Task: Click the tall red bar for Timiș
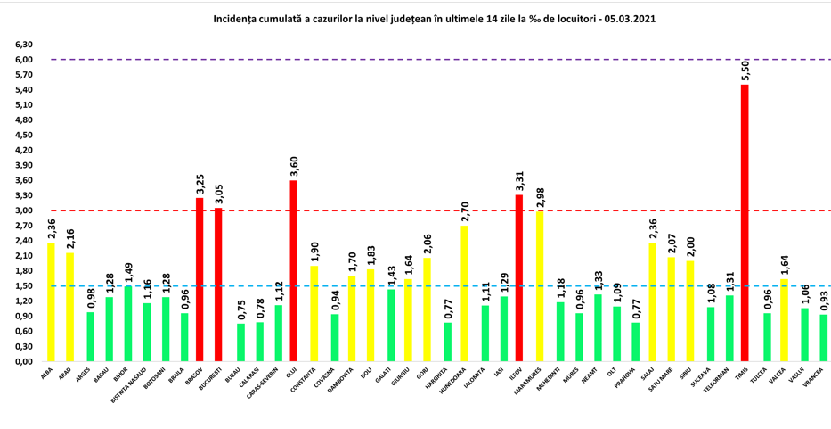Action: coord(745,223)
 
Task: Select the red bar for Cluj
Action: coord(294,271)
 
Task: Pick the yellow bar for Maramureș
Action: coord(538,286)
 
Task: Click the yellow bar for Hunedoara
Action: coord(463,293)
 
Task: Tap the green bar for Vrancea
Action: coord(822,338)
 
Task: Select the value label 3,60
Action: coord(294,166)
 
